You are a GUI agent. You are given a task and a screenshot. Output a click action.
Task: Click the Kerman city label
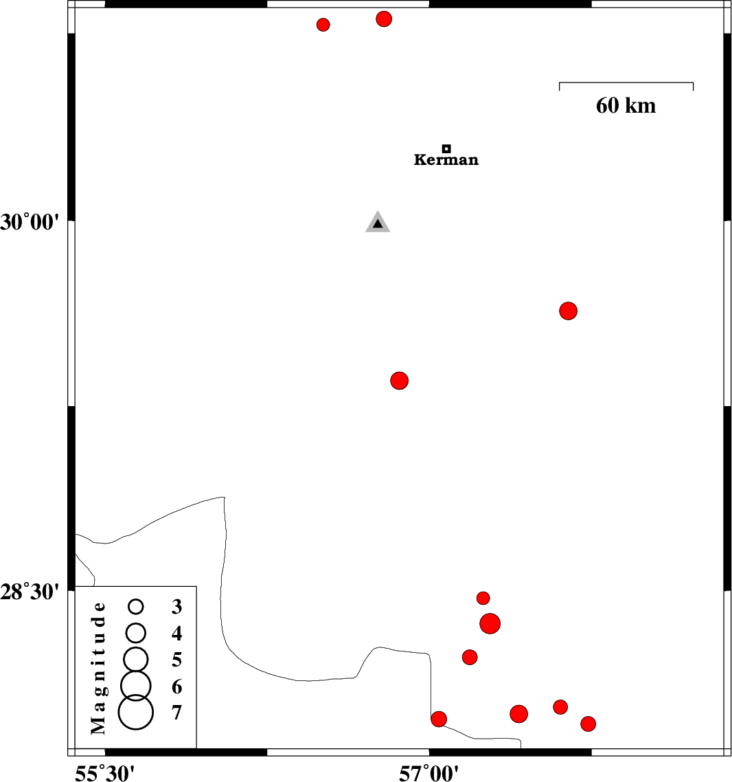[x=446, y=161]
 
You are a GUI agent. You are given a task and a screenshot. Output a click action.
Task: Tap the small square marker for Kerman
[x=446, y=148]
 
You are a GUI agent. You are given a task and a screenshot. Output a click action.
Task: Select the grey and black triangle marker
[x=378, y=223]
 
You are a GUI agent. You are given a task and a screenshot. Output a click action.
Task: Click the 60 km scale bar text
[x=626, y=106]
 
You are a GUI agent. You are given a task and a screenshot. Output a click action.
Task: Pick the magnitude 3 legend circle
[x=136, y=606]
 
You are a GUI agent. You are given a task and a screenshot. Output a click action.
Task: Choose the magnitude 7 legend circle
[x=135, y=712]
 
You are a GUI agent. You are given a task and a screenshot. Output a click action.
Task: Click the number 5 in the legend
[x=177, y=660]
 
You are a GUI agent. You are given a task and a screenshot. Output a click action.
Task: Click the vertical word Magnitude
[x=100, y=667]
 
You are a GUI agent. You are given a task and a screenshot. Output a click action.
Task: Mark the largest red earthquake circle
[x=490, y=624]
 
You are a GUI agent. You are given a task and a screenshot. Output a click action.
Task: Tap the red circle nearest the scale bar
[x=568, y=311]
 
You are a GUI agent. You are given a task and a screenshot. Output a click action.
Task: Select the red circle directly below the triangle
[x=400, y=380]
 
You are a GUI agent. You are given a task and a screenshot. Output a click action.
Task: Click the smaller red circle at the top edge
[x=323, y=25]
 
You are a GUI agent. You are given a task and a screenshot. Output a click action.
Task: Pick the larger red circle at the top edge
[x=384, y=19]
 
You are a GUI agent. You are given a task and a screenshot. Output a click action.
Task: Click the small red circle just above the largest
[x=483, y=598]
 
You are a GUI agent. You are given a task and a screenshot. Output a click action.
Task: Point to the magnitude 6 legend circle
[x=136, y=684]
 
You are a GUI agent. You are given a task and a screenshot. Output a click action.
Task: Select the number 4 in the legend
[x=177, y=634]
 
